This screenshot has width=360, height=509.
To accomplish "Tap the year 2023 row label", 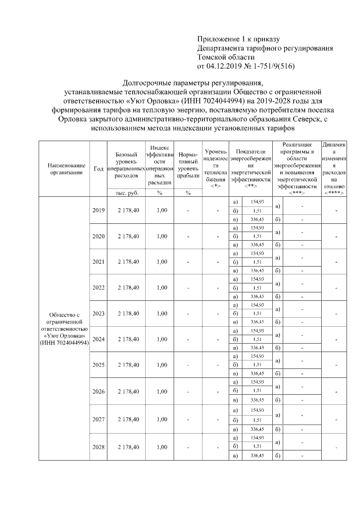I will pyautogui.click(x=98, y=313).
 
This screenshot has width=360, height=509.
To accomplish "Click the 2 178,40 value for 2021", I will pyautogui.click(x=128, y=262).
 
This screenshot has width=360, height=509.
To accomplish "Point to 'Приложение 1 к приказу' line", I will pyautogui.click(x=238, y=39).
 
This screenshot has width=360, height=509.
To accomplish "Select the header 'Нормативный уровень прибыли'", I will pyautogui.click(x=187, y=164).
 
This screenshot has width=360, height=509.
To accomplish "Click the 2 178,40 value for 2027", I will pyautogui.click(x=128, y=419).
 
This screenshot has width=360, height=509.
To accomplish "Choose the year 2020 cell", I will pyautogui.click(x=98, y=236).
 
